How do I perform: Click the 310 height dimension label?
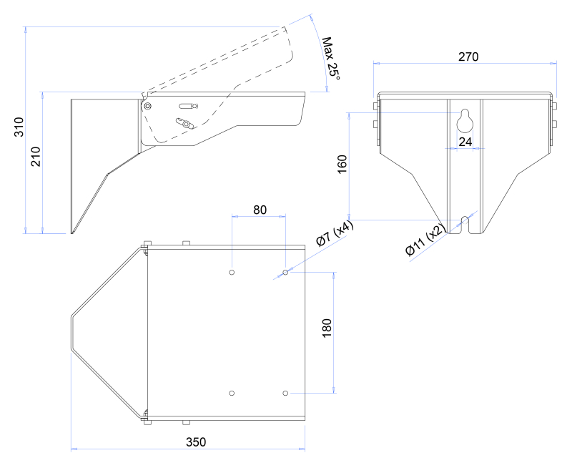[x=19, y=127]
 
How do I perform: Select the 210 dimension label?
[x=35, y=157]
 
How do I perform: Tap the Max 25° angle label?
[x=331, y=59]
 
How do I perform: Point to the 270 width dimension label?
[x=468, y=57]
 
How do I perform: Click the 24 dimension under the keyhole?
[x=465, y=142]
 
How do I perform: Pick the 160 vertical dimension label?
[x=342, y=165]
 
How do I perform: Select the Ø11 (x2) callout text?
[x=425, y=240]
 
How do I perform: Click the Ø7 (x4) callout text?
[x=335, y=233]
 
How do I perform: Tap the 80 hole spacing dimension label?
[x=260, y=210]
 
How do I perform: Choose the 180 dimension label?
[x=327, y=328]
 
